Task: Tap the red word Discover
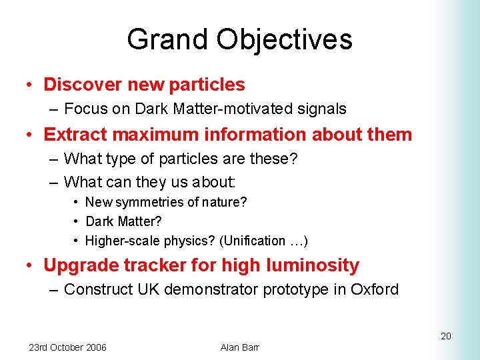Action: (82, 85)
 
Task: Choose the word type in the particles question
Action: (117, 159)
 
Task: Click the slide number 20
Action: (446, 336)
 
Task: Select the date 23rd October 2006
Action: (67, 347)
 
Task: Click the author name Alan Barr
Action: (239, 347)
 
